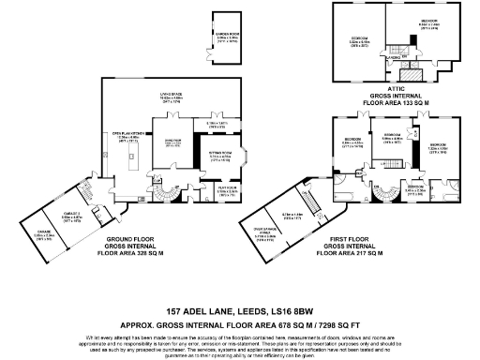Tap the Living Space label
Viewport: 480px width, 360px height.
tap(169, 97)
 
